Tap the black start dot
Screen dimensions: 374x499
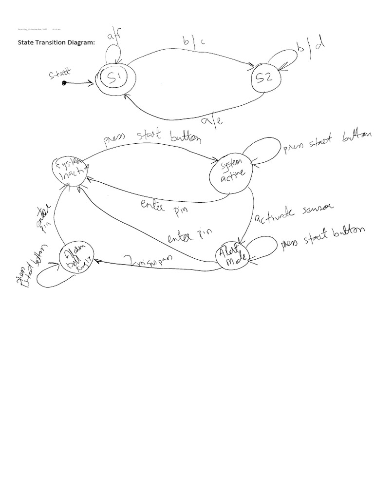[x=64, y=83]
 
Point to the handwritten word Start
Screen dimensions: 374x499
[x=60, y=74]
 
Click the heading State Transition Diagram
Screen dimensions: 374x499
[x=56, y=42]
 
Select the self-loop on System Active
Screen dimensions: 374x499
[x=263, y=146]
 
